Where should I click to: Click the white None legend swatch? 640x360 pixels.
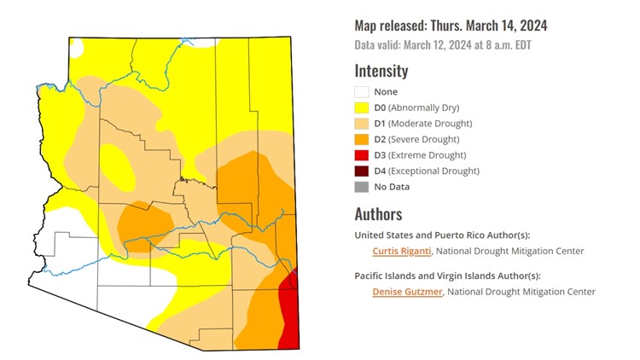point(362,92)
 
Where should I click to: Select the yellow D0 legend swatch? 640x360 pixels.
point(362,107)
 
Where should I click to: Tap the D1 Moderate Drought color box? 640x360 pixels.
point(362,124)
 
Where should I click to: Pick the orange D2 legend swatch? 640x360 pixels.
point(362,139)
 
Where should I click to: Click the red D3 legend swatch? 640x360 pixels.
point(362,155)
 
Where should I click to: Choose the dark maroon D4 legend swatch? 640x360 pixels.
point(362,171)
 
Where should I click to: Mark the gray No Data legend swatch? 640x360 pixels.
point(362,187)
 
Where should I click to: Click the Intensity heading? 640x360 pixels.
point(381,71)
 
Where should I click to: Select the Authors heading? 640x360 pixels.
point(378,214)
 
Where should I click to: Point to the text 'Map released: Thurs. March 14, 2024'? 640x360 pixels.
point(450,26)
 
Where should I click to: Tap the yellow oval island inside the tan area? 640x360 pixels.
point(117,166)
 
